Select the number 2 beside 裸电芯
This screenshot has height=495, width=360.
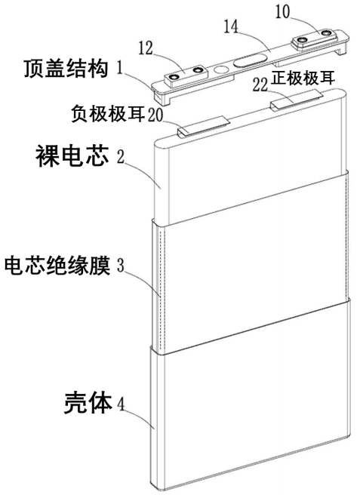(118, 158)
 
